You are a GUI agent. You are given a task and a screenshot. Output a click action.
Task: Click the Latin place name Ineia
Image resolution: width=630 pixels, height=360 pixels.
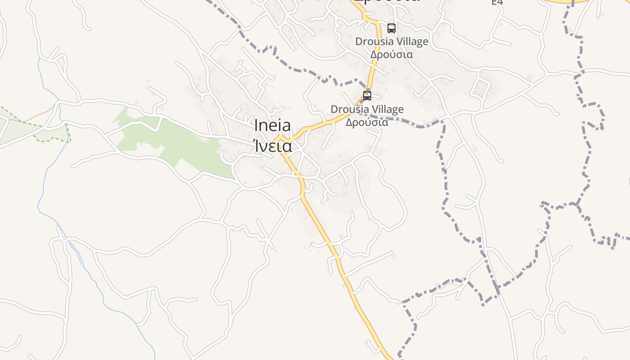272,126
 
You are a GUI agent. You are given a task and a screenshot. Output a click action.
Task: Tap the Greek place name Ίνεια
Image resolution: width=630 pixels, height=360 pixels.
272,146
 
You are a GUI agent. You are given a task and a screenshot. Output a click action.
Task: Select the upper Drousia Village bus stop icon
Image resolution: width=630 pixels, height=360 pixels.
391,28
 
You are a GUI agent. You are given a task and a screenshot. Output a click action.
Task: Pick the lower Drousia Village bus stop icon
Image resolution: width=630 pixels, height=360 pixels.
367,95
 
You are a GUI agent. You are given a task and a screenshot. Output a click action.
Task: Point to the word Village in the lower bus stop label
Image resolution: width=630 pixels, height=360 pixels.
387,109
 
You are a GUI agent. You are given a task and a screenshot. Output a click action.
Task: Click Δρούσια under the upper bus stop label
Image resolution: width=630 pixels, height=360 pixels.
391,54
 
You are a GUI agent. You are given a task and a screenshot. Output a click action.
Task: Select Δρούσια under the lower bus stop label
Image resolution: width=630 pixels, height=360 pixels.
367,122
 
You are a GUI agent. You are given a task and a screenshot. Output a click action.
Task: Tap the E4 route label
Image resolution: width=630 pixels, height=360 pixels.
497,3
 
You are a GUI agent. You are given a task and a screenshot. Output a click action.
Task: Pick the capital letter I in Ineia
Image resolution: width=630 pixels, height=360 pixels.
256,126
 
